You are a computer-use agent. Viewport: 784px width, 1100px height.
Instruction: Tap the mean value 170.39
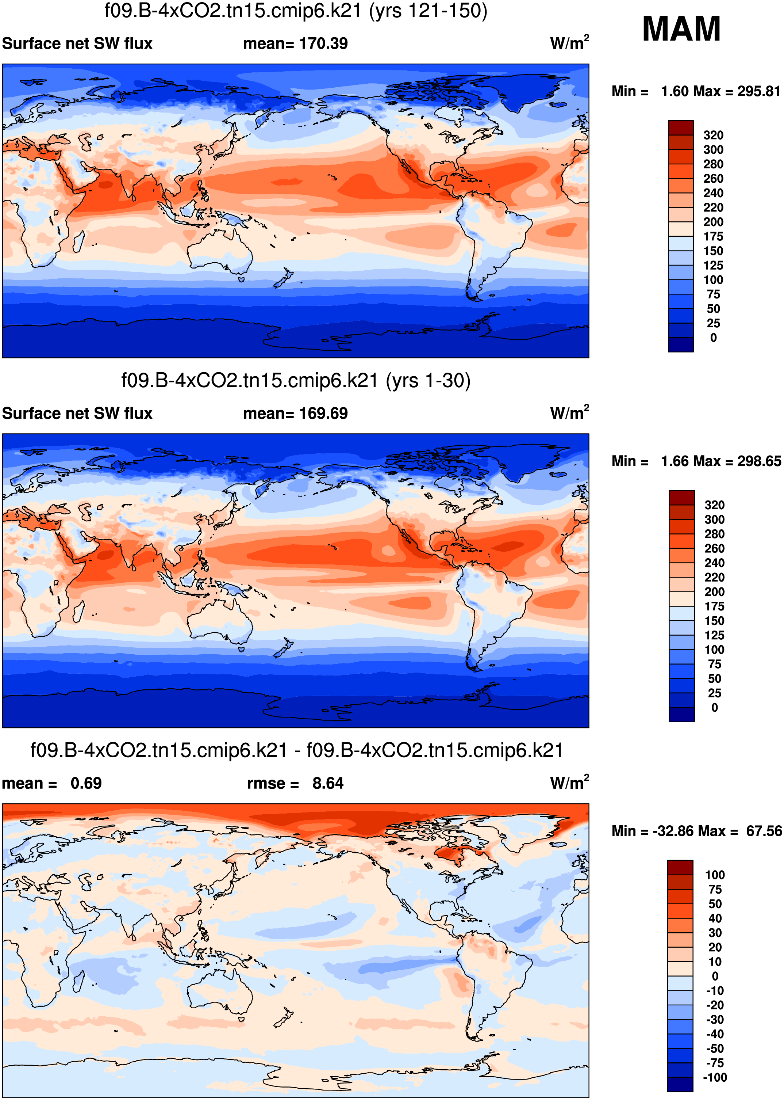(323, 43)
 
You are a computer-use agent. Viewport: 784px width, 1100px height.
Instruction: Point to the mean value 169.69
(323, 414)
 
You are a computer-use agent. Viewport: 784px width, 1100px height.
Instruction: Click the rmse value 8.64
(328, 784)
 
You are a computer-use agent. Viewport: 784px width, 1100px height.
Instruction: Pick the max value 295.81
(758, 91)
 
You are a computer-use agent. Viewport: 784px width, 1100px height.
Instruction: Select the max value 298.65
(758, 461)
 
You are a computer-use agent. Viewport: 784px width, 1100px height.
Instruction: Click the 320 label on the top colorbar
(713, 135)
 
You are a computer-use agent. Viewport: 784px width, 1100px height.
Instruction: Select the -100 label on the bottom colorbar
(715, 1077)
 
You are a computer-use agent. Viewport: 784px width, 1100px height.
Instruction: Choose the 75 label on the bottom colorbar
(715, 889)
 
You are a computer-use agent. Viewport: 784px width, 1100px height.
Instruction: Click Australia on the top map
(220, 251)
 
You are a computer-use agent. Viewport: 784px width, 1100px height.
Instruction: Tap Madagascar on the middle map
(78, 612)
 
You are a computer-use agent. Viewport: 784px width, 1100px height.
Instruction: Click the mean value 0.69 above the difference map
(86, 784)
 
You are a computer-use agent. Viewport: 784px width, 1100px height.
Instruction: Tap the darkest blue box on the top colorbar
(680, 345)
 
